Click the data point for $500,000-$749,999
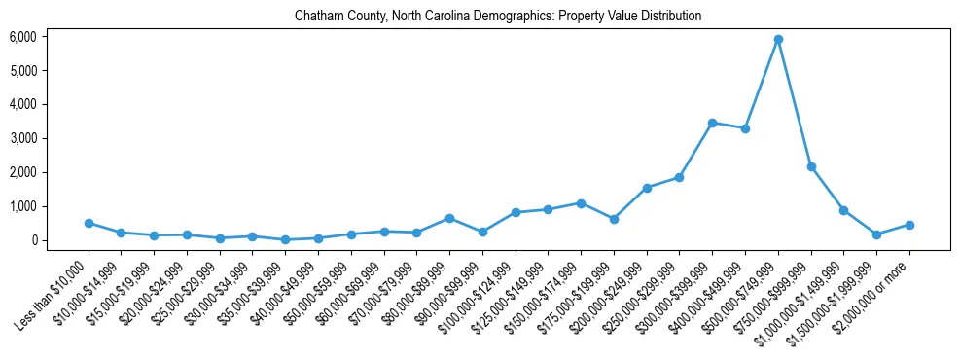click(x=778, y=40)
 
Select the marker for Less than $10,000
click(x=89, y=223)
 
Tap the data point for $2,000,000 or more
click(x=909, y=225)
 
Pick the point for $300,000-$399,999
click(x=712, y=123)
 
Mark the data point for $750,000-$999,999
click(x=811, y=167)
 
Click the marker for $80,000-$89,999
click(x=449, y=218)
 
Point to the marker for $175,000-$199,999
click(x=614, y=219)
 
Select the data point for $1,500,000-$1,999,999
click(x=876, y=234)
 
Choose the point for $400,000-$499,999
click(x=745, y=128)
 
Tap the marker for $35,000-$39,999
click(x=285, y=239)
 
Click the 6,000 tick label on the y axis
click(x=22, y=37)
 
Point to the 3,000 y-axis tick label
click(x=22, y=138)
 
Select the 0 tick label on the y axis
click(x=33, y=240)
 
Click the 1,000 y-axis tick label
click(x=22, y=206)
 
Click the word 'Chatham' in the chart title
click(x=325, y=17)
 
